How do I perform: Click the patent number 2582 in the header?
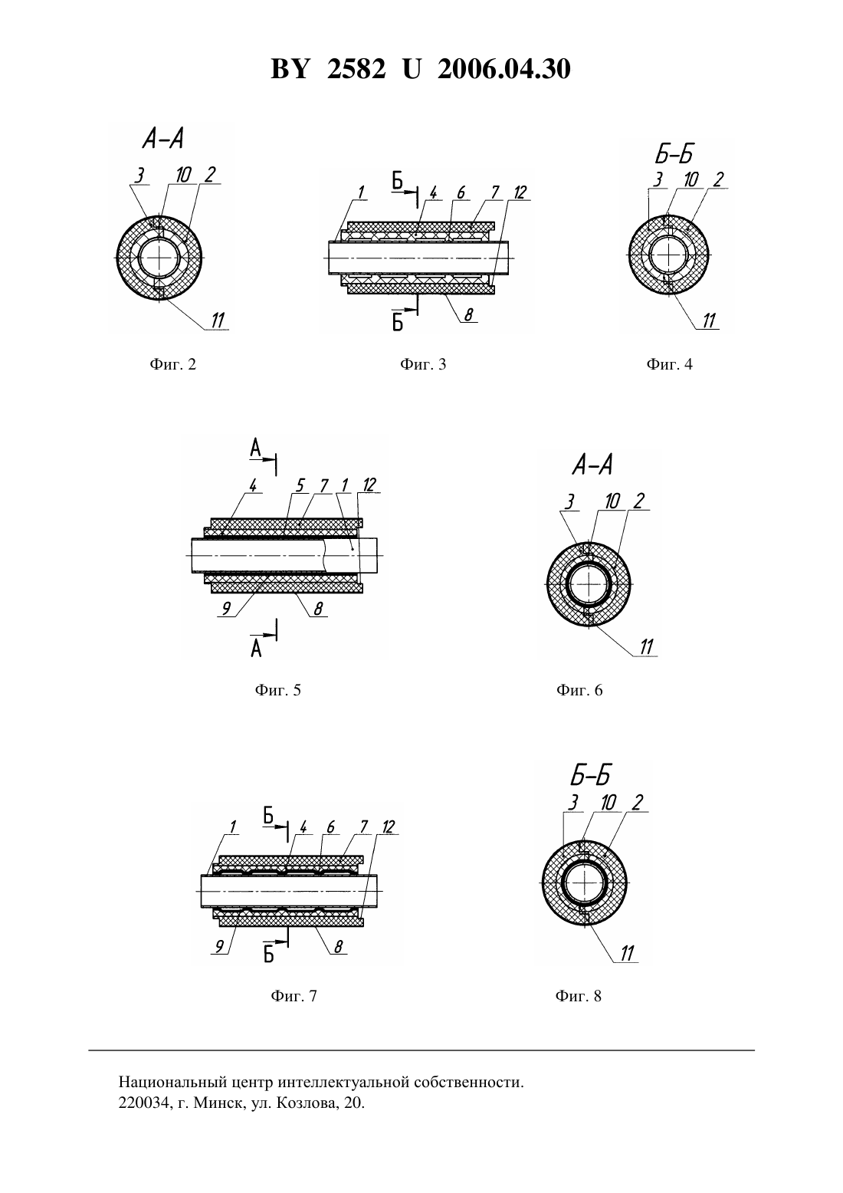click(356, 69)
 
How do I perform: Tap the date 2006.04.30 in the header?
click(504, 69)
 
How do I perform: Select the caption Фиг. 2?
click(173, 364)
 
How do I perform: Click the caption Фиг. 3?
click(423, 364)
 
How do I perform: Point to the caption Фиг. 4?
click(670, 364)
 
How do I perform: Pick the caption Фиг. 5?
click(277, 690)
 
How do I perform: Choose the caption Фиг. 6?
click(579, 690)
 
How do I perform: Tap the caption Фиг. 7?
click(294, 996)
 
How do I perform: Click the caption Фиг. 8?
click(579, 996)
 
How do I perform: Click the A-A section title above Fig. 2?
click(162, 140)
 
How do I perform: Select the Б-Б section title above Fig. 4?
click(674, 154)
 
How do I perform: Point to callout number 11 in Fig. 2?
click(218, 320)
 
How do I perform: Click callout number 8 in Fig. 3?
click(468, 315)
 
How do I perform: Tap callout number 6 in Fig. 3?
click(461, 192)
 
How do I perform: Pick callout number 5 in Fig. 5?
click(300, 485)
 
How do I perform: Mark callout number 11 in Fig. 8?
click(628, 953)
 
